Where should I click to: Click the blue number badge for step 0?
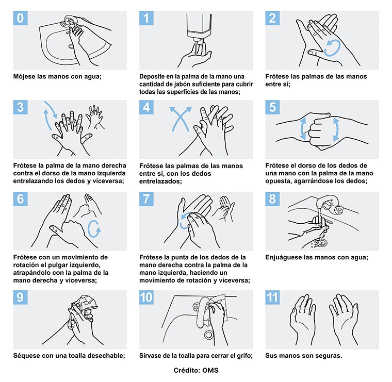pyautogui.click(x=20, y=18)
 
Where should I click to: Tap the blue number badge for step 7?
pyautogui.click(x=146, y=199)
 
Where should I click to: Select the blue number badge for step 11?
pyautogui.click(x=272, y=297)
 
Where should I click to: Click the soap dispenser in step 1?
pyautogui.click(x=199, y=27)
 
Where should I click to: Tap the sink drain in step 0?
pyautogui.click(x=71, y=46)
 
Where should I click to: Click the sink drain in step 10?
pyautogui.click(x=209, y=335)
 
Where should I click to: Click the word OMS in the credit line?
pyautogui.click(x=210, y=370)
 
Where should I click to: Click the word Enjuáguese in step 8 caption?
pyautogui.click(x=282, y=258)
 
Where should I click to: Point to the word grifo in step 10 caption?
pyautogui.click(x=245, y=356)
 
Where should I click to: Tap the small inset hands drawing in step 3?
pyautogui.click(x=95, y=117)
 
